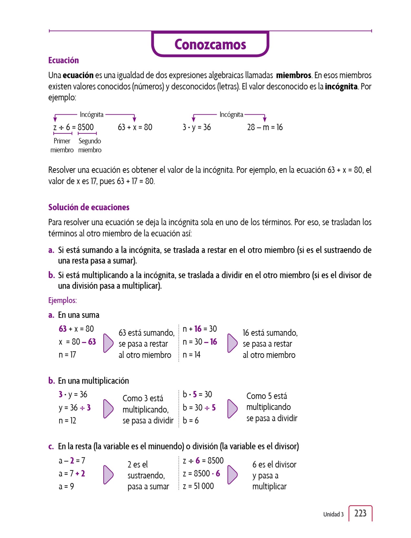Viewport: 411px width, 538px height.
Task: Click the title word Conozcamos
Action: [x=210, y=44]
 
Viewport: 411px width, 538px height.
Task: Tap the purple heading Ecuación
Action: [x=64, y=60]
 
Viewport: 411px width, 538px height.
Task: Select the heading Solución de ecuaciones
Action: [x=89, y=207]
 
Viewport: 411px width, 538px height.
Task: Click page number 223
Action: [x=360, y=513]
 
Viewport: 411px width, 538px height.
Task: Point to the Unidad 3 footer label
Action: [x=333, y=514]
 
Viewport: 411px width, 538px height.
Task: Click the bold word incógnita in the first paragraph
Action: [x=341, y=86]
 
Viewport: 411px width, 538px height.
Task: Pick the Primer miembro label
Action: [x=62, y=145]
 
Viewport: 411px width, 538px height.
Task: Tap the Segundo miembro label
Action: [x=90, y=145]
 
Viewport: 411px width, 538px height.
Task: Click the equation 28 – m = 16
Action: [x=265, y=127]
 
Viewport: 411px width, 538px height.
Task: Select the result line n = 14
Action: [x=191, y=355]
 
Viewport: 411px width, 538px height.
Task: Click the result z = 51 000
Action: [x=198, y=486]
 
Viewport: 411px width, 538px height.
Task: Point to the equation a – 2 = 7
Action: [x=72, y=460]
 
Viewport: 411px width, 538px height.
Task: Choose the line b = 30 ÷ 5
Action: [x=199, y=407]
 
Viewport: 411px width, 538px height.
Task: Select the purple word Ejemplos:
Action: [x=63, y=300]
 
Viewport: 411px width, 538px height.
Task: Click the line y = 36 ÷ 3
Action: [x=75, y=407]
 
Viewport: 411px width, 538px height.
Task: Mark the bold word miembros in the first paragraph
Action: [x=294, y=75]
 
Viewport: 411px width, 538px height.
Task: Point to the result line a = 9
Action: [x=66, y=486]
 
